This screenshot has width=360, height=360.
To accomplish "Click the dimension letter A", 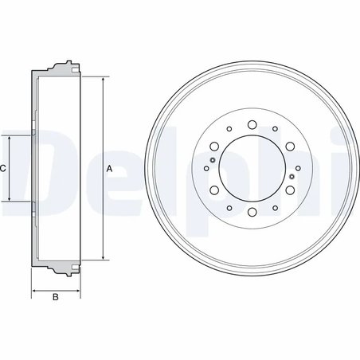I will (109, 168).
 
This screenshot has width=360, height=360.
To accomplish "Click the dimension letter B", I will (55, 298).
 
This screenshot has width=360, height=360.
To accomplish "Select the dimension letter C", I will (3, 168).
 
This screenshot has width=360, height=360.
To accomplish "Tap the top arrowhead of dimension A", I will (103, 80).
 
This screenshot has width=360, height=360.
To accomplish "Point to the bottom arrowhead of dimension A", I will (103, 256).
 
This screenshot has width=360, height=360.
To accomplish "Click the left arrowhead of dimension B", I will (33, 288).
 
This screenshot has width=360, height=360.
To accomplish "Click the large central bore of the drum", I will (251, 168).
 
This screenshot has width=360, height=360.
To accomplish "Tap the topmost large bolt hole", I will (251, 123).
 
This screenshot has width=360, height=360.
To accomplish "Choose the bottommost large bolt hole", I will (251, 213).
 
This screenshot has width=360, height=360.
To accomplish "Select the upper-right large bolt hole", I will (289, 146).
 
